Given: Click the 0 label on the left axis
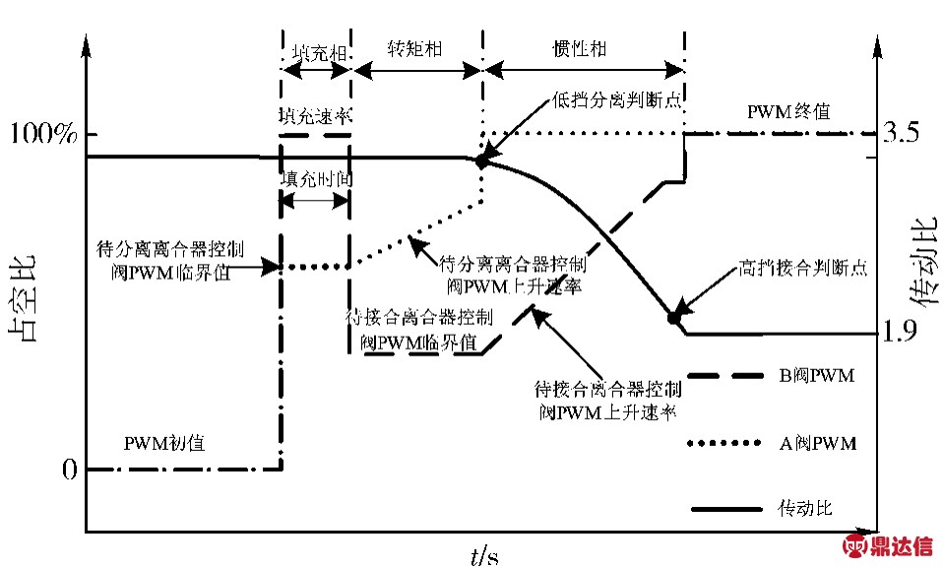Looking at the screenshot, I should click(x=68, y=471).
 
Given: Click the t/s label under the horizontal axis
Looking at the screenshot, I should click(x=483, y=555).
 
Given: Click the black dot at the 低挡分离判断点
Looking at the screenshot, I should click(x=482, y=160).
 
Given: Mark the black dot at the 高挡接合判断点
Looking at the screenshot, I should click(x=674, y=317).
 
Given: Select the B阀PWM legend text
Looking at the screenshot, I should click(x=815, y=377).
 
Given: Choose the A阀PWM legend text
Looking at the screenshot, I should click(x=816, y=444).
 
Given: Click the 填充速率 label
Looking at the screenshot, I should click(x=314, y=114).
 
